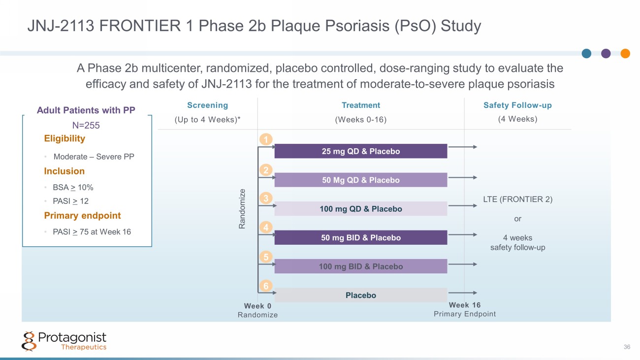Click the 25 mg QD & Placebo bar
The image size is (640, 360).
pyautogui.click(x=360, y=151)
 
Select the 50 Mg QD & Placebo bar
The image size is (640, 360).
pyautogui.click(x=360, y=180)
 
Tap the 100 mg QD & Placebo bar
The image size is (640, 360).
pyautogui.click(x=360, y=209)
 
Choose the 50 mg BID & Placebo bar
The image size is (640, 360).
pyautogui.click(x=360, y=237)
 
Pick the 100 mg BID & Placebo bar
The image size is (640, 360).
pyautogui.click(x=360, y=266)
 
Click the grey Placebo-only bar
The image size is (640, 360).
pyautogui.click(x=360, y=295)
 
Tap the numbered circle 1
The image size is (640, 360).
pyautogui.click(x=266, y=140)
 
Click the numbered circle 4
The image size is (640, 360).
pyautogui.click(x=266, y=228)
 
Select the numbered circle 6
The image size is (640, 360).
pyautogui.click(x=266, y=286)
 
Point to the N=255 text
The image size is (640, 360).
pyautogui.click(x=86, y=126)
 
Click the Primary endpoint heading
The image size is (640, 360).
pyautogui.click(x=82, y=216)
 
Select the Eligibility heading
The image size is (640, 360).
pyautogui.click(x=64, y=138)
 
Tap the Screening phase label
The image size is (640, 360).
pyautogui.click(x=207, y=105)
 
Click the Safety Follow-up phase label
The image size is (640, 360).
pyautogui.click(x=517, y=105)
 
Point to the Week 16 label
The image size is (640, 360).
pyautogui.click(x=464, y=305)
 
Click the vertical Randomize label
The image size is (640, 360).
pyautogui.click(x=242, y=208)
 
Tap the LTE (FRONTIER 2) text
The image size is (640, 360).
pyautogui.click(x=517, y=199)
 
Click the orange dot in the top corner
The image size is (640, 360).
pyautogui.click(x=625, y=54)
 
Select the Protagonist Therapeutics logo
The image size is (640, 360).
pyautogui.click(x=64, y=341)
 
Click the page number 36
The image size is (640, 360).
pyautogui.click(x=627, y=347)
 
